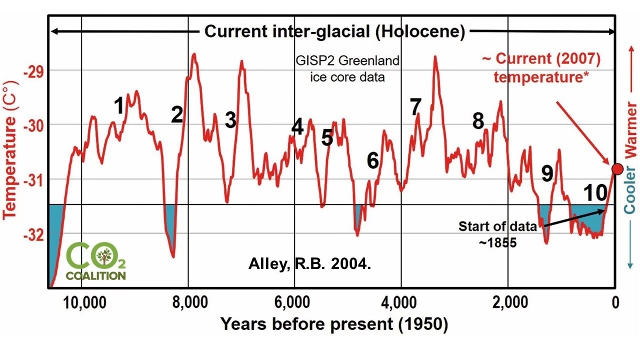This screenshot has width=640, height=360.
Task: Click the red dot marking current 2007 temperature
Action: (617, 169)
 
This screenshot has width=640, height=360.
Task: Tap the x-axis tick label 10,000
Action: (81, 303)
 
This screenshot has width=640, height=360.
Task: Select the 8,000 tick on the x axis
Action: (188, 303)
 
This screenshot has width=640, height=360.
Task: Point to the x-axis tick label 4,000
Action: (401, 303)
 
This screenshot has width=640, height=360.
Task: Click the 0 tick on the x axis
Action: (615, 303)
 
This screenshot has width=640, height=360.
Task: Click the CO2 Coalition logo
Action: (96, 261)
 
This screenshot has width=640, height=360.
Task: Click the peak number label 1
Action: (119, 106)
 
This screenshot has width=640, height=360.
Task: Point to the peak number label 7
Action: (415, 106)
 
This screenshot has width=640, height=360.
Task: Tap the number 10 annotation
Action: (595, 192)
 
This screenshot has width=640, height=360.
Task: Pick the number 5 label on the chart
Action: (327, 137)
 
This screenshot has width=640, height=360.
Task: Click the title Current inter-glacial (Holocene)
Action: (335, 32)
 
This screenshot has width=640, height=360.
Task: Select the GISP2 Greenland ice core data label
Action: (347, 69)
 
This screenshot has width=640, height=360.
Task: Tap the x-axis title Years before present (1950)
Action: (334, 324)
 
